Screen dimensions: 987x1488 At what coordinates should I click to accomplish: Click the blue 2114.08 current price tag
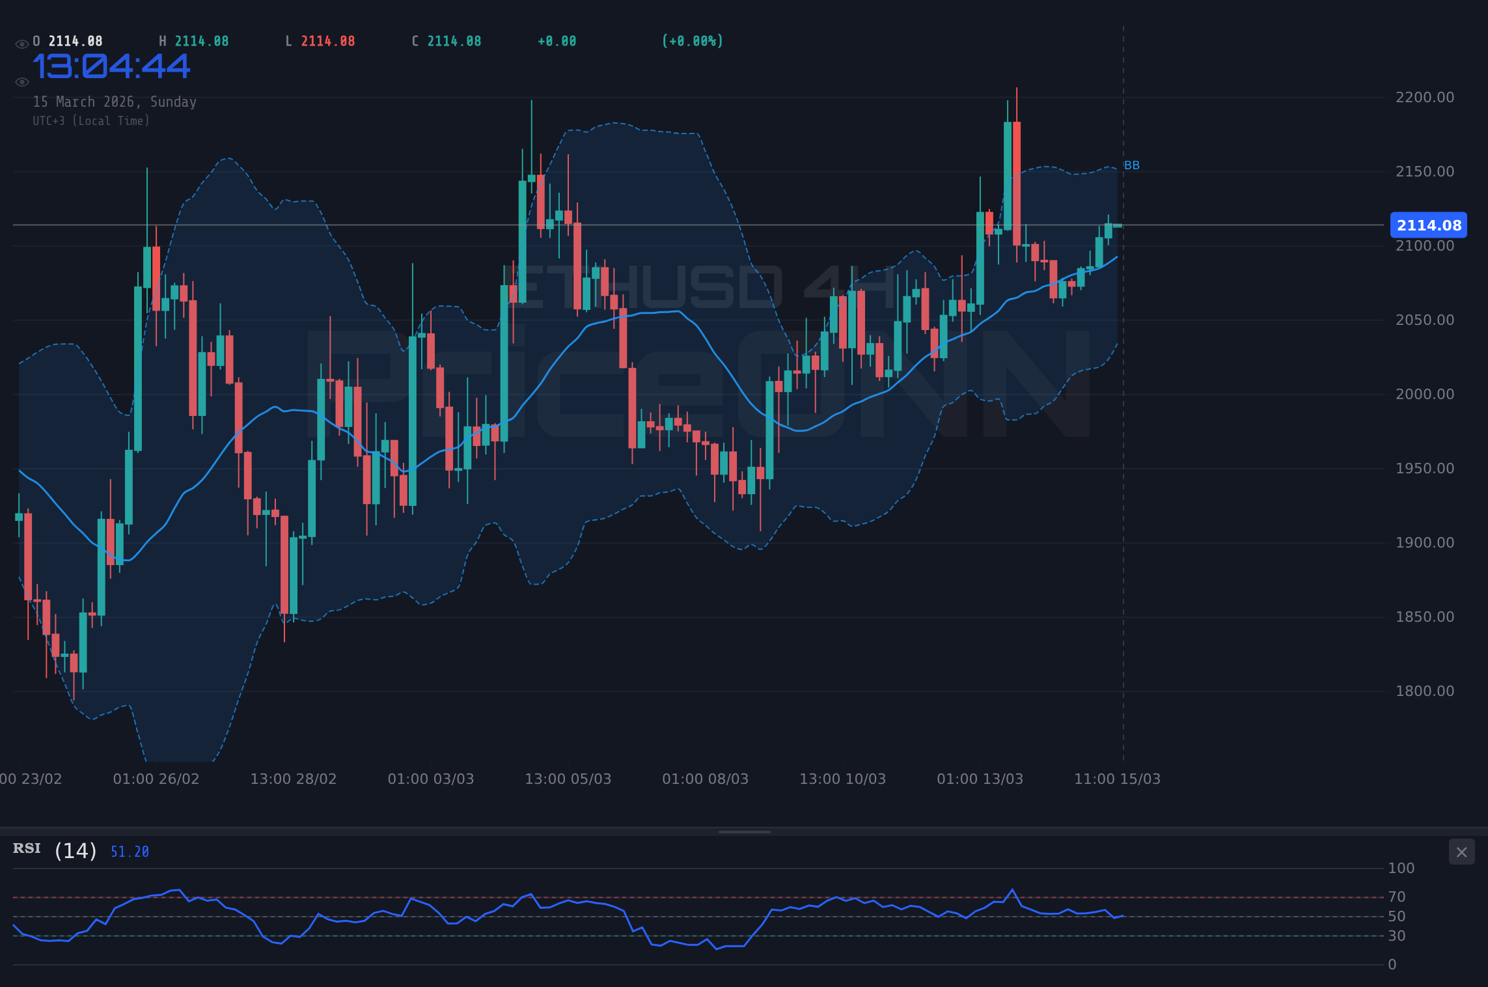click(x=1428, y=225)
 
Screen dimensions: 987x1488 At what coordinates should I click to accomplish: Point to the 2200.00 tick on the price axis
click(x=1424, y=98)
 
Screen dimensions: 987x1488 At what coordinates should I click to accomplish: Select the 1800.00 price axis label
click(x=1424, y=691)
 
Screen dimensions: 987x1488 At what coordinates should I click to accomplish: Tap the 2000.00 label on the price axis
click(x=1424, y=394)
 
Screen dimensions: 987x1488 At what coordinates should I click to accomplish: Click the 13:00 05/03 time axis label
click(x=568, y=779)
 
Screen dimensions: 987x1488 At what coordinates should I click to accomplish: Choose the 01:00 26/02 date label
click(x=156, y=779)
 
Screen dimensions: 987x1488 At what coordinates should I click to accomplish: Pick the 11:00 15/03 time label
click(x=1117, y=779)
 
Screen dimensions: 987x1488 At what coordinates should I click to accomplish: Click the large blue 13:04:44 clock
click(x=111, y=66)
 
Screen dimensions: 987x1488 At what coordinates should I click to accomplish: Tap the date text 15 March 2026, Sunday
click(x=115, y=102)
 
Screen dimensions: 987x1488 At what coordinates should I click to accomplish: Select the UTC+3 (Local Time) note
click(x=91, y=120)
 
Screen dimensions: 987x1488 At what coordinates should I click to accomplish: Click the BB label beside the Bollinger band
click(x=1131, y=165)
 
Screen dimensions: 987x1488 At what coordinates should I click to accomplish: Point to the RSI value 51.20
click(x=130, y=852)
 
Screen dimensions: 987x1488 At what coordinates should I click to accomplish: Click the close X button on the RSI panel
click(x=1461, y=852)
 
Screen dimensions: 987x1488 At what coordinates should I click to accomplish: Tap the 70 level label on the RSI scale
click(x=1396, y=897)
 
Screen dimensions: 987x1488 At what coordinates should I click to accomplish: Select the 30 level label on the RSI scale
click(x=1396, y=936)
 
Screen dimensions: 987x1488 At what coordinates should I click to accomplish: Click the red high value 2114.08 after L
click(x=327, y=41)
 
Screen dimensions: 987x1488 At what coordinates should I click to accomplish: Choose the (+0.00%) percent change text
click(x=692, y=41)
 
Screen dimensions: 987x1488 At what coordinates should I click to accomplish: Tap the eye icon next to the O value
click(x=21, y=44)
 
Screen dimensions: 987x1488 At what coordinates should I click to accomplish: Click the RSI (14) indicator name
click(x=55, y=850)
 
